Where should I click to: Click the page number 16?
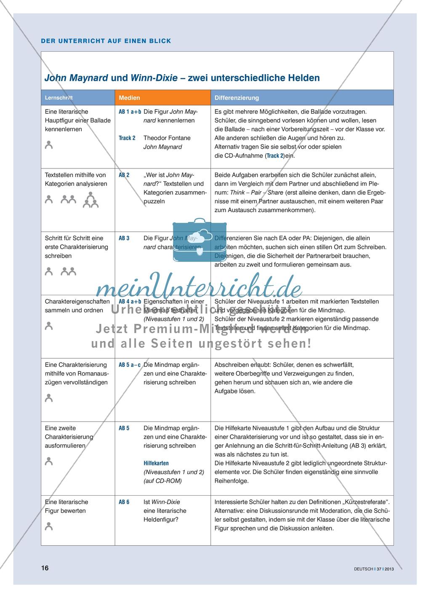[45, 568]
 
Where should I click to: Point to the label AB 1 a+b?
[130, 112]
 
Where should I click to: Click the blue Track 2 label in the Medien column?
[127, 138]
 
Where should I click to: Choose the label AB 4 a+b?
[130, 302]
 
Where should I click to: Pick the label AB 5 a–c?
[130, 365]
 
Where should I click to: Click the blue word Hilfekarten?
[156, 463]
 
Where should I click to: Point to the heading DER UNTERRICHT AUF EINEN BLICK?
[106, 41]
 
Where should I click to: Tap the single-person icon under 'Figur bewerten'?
[49, 526]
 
